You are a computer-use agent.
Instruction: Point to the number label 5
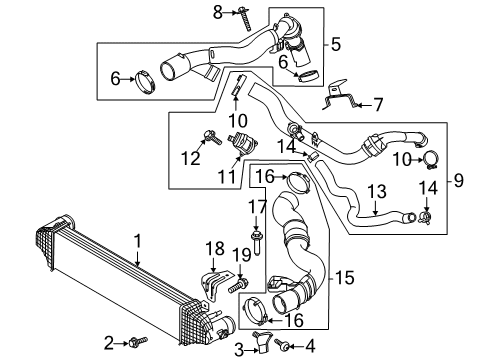336,44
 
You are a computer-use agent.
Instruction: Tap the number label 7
378,102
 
